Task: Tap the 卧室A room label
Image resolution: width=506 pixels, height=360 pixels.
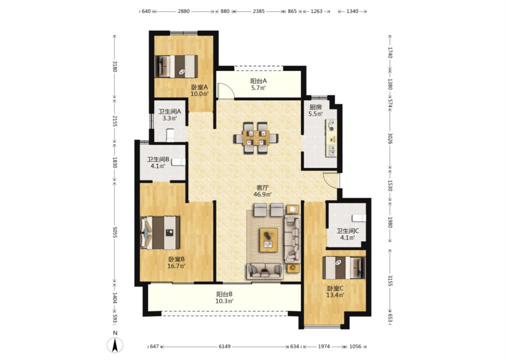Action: (200, 87)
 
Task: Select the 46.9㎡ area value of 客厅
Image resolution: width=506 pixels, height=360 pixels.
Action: (262, 194)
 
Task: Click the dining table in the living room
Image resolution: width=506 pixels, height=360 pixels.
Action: (256, 138)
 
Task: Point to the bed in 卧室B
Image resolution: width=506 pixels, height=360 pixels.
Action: (160, 233)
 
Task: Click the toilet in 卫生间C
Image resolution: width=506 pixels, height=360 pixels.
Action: (359, 218)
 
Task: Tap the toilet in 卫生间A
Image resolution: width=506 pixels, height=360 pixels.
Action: (170, 135)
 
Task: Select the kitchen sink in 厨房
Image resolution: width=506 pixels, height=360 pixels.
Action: (332, 150)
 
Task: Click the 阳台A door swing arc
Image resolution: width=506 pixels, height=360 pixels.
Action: (226, 90)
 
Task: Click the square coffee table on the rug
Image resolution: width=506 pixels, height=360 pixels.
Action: (268, 240)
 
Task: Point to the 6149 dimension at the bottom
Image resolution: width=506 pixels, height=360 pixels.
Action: (225, 346)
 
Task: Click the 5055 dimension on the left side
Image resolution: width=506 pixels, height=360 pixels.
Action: (115, 232)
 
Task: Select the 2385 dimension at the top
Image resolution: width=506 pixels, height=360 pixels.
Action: (259, 11)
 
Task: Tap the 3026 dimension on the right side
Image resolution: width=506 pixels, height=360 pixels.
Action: (390, 139)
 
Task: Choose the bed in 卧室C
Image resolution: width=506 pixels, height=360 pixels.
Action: (344, 268)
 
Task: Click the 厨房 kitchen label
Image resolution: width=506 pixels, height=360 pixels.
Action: (315, 107)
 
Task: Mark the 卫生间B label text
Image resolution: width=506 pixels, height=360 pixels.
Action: (158, 159)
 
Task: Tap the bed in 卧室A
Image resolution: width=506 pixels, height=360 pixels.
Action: (176, 66)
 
